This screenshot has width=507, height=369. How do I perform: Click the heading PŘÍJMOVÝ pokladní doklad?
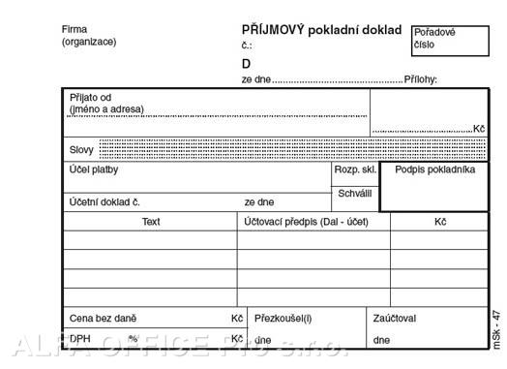(320, 30)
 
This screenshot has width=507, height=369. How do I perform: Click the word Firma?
(75, 29)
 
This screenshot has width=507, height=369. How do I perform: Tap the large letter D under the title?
(247, 64)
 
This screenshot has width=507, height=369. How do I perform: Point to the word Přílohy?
(421, 79)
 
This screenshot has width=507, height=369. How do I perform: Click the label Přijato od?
(91, 97)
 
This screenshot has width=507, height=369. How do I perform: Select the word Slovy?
(82, 150)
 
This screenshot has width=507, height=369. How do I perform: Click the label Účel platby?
(94, 170)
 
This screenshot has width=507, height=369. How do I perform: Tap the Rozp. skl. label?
(355, 170)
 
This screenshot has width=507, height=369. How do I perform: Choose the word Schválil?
(354, 194)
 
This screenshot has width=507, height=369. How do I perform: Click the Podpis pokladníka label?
(434, 170)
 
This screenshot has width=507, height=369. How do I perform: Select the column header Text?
(151, 222)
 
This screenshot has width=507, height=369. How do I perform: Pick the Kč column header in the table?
(439, 222)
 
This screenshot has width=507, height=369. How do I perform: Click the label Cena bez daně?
(103, 318)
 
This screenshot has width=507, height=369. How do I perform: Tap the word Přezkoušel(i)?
(283, 318)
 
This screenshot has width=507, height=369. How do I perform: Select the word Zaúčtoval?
(395, 318)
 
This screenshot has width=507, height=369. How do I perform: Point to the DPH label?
(80, 340)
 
